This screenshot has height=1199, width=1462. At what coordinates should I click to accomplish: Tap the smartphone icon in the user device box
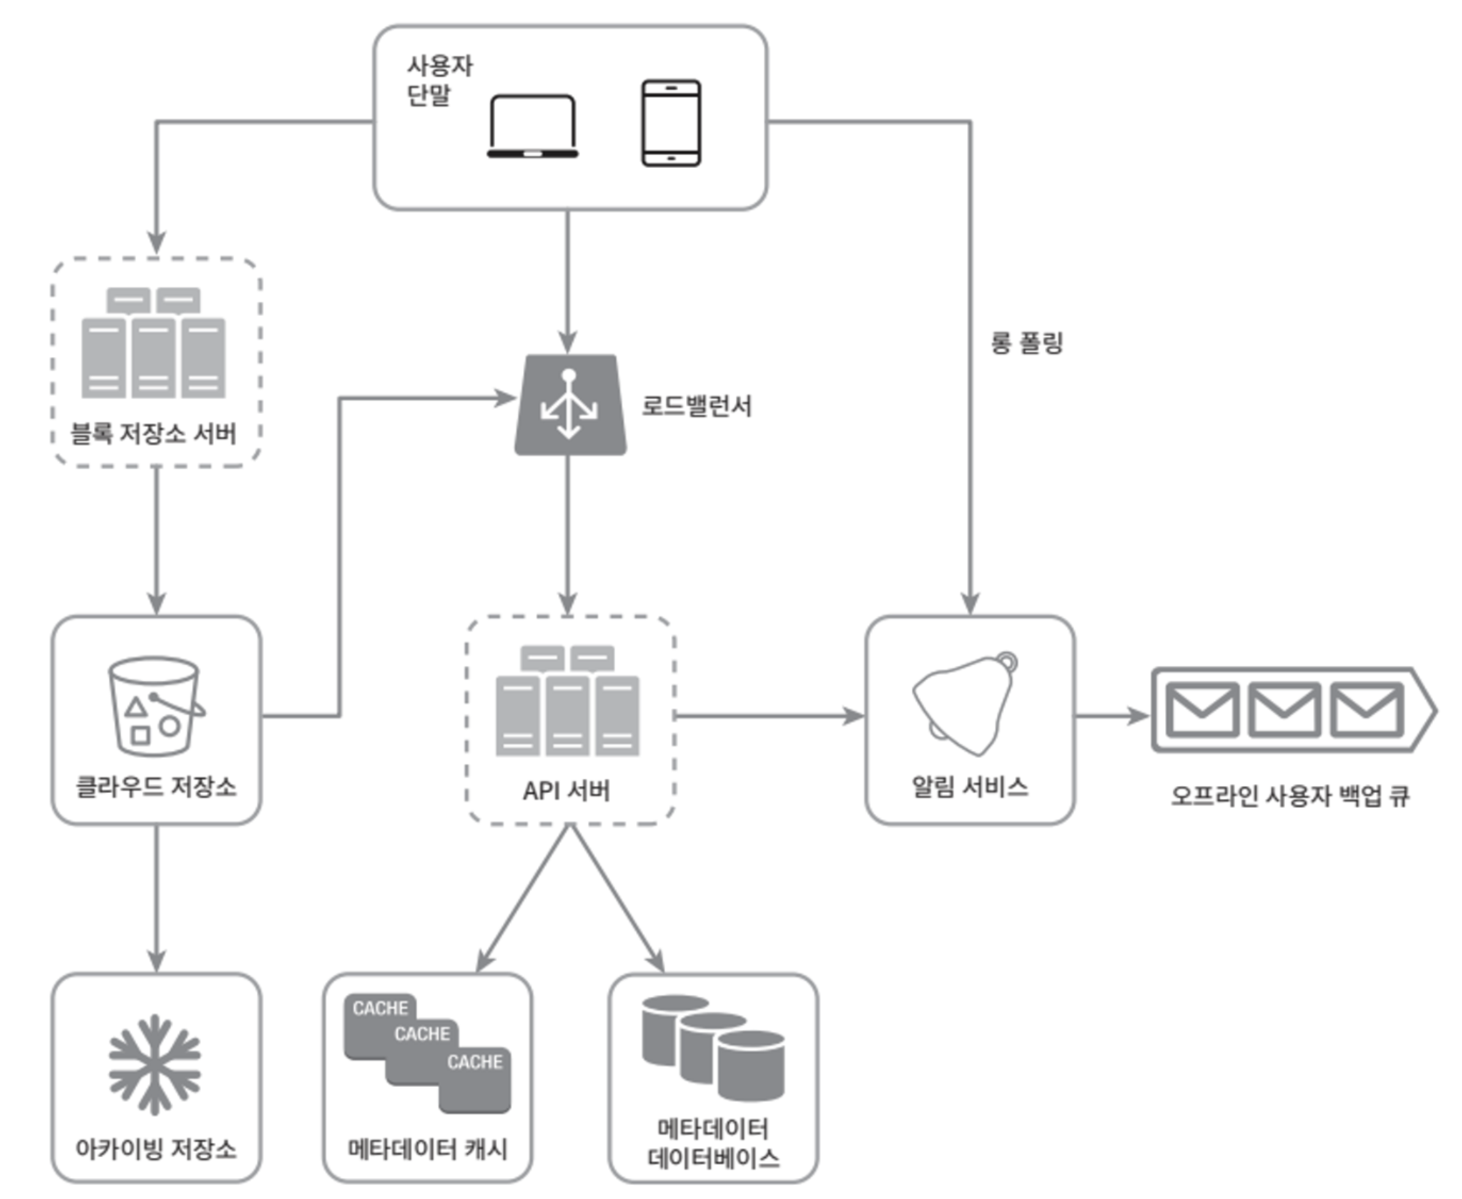click(x=671, y=123)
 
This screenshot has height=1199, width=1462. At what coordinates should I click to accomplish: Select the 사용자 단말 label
click(x=439, y=80)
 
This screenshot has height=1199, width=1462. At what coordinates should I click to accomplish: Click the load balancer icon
click(x=570, y=405)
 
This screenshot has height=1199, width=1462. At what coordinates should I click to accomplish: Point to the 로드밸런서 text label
click(x=696, y=405)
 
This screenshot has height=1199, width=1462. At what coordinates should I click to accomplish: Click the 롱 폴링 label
click(x=1027, y=342)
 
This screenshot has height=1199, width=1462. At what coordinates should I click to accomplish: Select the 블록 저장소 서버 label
click(x=153, y=434)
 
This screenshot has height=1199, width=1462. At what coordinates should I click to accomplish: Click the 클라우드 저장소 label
click(x=156, y=787)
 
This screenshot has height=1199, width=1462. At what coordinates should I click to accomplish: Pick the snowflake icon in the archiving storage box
click(x=155, y=1064)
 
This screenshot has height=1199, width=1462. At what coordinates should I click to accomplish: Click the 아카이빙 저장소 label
click(x=156, y=1148)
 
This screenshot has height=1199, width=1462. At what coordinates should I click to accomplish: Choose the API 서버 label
click(x=567, y=791)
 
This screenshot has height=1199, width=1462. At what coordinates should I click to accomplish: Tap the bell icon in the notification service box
click(x=965, y=702)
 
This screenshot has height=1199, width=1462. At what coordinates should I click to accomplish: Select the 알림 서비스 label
click(x=970, y=787)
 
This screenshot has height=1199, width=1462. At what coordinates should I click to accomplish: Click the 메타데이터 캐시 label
click(x=428, y=1148)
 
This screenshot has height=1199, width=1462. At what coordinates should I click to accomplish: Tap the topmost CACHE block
click(x=380, y=1008)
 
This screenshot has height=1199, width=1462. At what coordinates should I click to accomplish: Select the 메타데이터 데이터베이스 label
click(x=713, y=1143)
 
